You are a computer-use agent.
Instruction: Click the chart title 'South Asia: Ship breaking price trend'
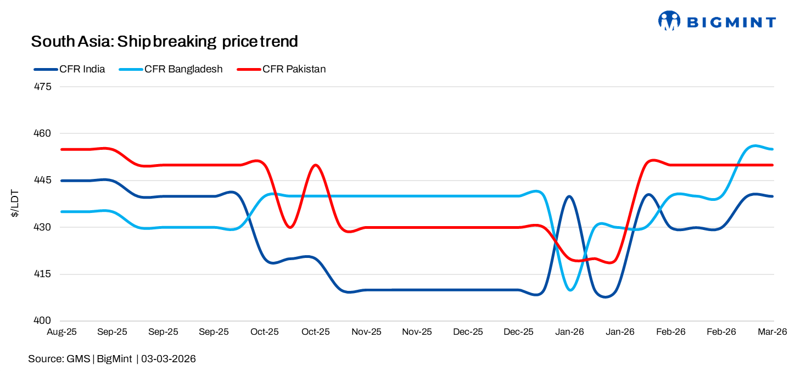tap(164, 41)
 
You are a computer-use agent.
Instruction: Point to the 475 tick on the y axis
tap(43, 87)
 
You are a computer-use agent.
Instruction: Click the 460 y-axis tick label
tap(43, 133)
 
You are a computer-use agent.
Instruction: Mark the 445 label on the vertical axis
tap(43, 181)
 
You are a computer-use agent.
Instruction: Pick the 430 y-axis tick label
tap(43, 227)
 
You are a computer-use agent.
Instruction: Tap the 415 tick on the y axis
tap(43, 274)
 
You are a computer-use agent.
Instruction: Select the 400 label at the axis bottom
tap(43, 321)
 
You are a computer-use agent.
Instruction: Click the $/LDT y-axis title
tap(15, 204)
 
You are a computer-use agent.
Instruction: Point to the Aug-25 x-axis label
tap(61, 332)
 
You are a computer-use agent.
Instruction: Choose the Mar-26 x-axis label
tap(773, 332)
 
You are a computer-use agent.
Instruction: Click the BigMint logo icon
tap(669, 21)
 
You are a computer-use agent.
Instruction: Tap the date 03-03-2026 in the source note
tap(169, 359)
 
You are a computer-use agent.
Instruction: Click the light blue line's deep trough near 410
tap(571, 290)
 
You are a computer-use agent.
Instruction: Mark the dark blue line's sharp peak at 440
tap(569, 196)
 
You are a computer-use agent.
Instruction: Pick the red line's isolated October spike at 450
tap(315, 165)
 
